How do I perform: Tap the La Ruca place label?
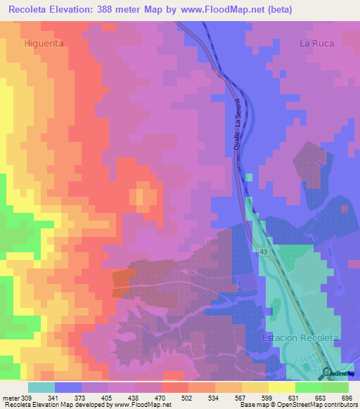317,43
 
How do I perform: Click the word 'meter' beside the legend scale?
10,398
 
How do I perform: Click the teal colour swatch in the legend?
41,387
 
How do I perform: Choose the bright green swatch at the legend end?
335,387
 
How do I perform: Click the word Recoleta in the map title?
30,10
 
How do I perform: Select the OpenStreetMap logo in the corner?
337,372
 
